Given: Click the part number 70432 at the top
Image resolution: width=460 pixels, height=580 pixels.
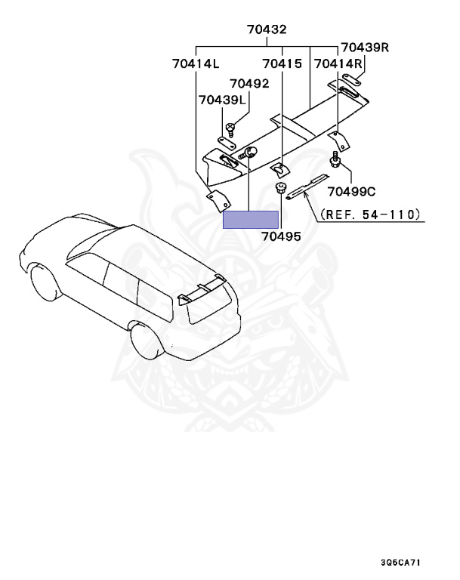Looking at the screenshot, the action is click(267, 30).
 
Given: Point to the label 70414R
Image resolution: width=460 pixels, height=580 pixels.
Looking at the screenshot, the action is click(338, 65).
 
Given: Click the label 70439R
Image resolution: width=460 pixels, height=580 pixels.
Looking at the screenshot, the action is click(364, 48).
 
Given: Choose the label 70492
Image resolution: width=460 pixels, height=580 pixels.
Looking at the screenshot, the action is click(249, 84).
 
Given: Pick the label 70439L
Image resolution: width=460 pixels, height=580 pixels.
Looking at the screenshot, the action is click(223, 100).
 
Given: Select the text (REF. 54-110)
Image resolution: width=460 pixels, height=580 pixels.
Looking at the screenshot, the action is click(369, 215).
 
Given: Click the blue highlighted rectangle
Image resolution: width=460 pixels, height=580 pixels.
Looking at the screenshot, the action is click(251, 219).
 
